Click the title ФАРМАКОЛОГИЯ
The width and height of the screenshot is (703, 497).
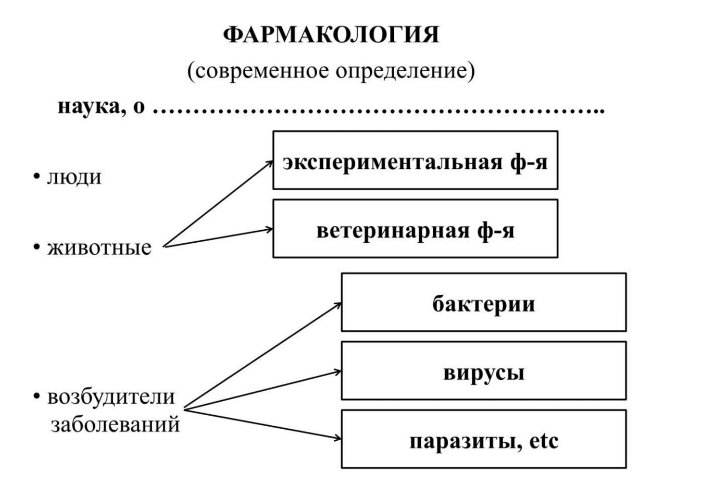pyautogui.click(x=331, y=34)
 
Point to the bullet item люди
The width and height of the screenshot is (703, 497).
pyautogui.click(x=74, y=177)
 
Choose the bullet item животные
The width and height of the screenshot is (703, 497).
pyautogui.click(x=99, y=247)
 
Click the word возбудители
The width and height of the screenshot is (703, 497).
pyautogui.click(x=111, y=396)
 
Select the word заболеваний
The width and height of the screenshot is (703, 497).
pyautogui.click(x=115, y=425)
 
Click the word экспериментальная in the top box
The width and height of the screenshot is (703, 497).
pyautogui.click(x=392, y=163)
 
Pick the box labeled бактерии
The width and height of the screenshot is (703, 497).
pyautogui.click(x=484, y=302)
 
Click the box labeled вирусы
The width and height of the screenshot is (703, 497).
pyautogui.click(x=484, y=370)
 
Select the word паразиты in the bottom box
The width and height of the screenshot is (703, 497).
pyautogui.click(x=462, y=441)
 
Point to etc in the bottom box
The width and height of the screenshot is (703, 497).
pyautogui.click(x=544, y=441)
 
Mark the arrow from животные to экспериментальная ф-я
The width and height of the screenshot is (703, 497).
pyautogui.click(x=218, y=204)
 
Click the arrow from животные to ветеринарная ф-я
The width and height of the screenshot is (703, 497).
pyautogui.click(x=218, y=238)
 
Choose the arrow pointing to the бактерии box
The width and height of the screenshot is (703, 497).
pyautogui.click(x=263, y=356)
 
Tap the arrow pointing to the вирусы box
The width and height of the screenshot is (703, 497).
pyautogui.click(x=263, y=390)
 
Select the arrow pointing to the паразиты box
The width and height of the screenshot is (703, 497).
pyautogui.click(x=263, y=424)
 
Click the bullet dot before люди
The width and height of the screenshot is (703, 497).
pyautogui.click(x=37, y=177)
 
